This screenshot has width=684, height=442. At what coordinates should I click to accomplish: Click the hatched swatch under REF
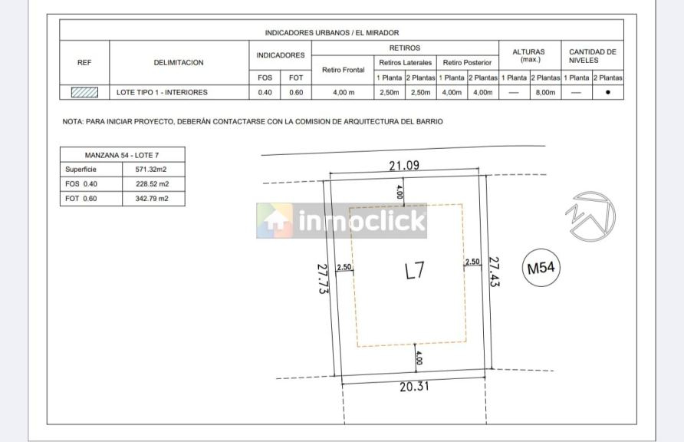[x=84, y=93]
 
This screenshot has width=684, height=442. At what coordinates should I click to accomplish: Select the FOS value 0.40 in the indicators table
[x=265, y=93]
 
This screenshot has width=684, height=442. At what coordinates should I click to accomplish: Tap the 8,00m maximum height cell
[x=545, y=93]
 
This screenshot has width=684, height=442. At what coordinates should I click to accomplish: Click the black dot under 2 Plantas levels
[x=608, y=93]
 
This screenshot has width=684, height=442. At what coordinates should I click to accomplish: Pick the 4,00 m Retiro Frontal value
[x=344, y=93]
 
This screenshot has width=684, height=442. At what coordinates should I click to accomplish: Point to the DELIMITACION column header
[x=179, y=62]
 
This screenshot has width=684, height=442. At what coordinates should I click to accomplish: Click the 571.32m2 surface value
[x=151, y=170]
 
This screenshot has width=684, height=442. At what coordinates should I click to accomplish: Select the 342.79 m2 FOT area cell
[x=152, y=199]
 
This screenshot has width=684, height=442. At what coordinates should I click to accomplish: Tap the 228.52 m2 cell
[x=153, y=184]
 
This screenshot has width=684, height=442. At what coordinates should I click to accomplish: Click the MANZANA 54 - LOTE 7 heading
[x=122, y=155]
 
